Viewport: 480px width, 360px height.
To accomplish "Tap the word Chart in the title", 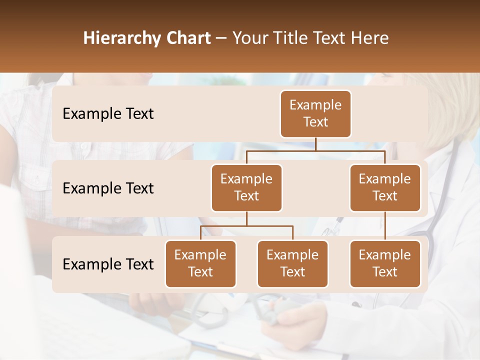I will (x=188, y=38).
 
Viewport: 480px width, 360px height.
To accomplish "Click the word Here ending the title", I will (x=369, y=38).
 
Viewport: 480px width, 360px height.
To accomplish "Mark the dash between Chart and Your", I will (x=221, y=39).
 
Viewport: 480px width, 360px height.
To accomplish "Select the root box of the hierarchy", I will (x=315, y=114).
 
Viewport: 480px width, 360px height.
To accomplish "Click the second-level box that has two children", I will (x=246, y=188).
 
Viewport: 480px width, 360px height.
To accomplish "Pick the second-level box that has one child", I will (x=385, y=188).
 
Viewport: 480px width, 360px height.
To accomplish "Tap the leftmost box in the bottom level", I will (x=200, y=264).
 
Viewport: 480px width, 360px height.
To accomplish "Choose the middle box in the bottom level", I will (x=292, y=264).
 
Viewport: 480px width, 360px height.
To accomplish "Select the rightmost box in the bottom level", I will (x=385, y=264).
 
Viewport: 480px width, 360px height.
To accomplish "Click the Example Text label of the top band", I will (x=108, y=114).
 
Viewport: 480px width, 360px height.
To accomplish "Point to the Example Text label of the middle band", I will (x=108, y=188).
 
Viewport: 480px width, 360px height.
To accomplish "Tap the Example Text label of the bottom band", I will (x=108, y=264).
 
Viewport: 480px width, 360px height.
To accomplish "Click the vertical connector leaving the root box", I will (x=315, y=144).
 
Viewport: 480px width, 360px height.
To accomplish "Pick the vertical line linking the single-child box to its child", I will (x=385, y=226).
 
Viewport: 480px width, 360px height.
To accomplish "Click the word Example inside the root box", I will (x=315, y=105).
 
